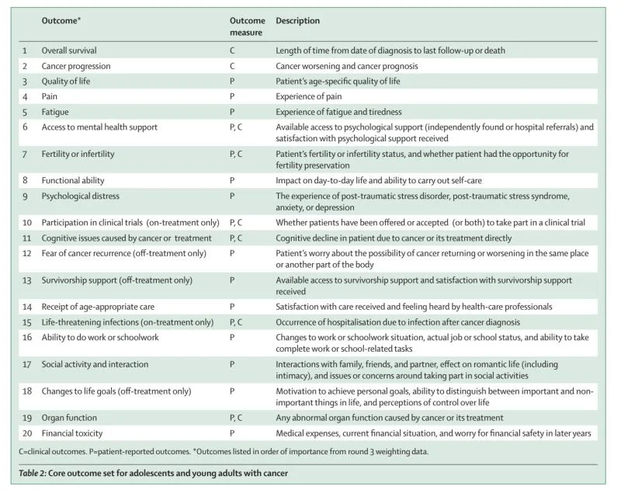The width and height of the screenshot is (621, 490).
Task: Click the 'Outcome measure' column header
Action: pos(247,26)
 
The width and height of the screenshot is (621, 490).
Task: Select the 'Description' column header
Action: pos(297,21)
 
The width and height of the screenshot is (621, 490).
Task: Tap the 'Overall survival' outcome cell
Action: pos(70,50)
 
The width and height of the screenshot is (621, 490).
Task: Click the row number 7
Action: pos(25,155)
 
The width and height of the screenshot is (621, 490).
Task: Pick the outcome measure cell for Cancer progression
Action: pos(232,66)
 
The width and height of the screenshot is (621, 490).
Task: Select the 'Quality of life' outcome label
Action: pos(66,81)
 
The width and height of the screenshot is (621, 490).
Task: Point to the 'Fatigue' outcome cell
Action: pos(54,112)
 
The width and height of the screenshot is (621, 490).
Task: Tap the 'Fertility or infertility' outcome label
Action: pos(78,155)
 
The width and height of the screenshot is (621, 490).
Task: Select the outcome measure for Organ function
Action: pos(237,417)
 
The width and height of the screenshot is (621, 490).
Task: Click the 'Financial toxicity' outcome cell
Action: pos(72,433)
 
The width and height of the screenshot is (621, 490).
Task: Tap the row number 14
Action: pos(26,306)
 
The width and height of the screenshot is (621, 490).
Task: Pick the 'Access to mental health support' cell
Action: pos(99,127)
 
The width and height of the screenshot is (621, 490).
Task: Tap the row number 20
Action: pos(26,433)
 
